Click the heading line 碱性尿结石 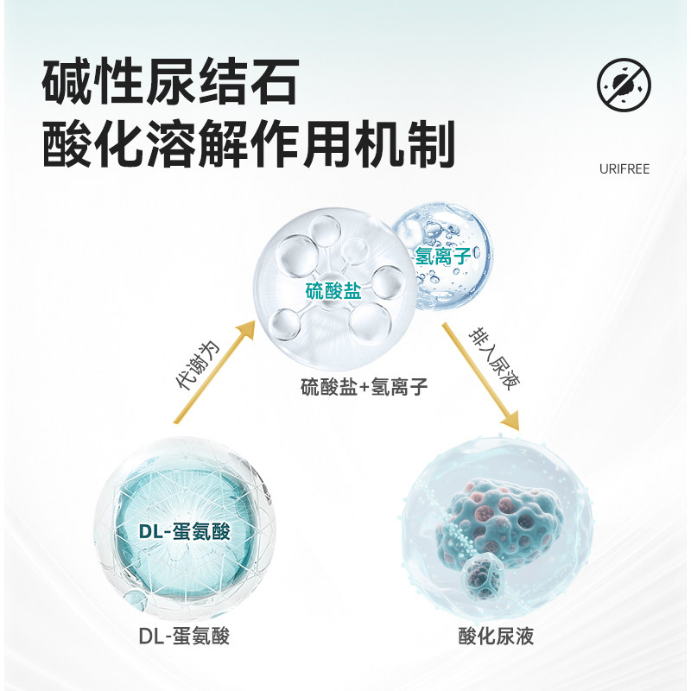click(x=170, y=84)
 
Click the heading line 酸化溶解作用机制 click(x=248, y=145)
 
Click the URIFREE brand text click(x=624, y=169)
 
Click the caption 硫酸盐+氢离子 click(x=364, y=388)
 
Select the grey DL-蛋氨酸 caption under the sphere click(x=184, y=637)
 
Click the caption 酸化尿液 click(x=497, y=637)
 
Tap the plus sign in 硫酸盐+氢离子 click(x=364, y=388)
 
